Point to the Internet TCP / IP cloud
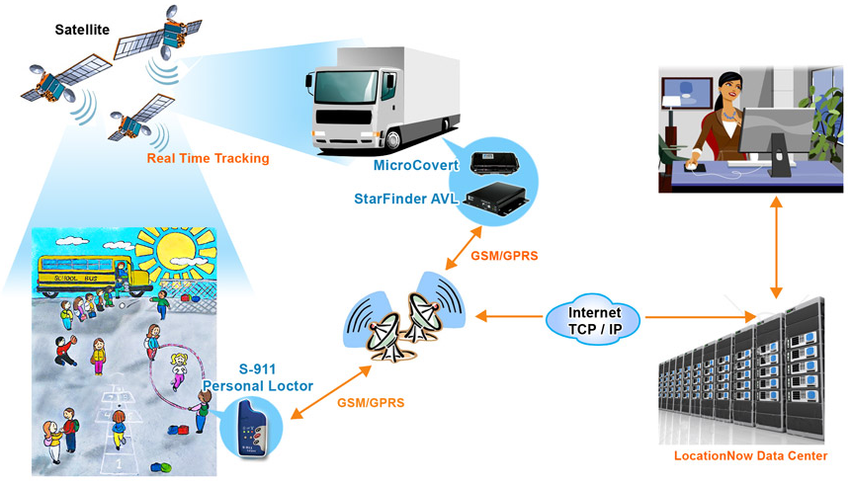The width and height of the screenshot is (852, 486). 593,318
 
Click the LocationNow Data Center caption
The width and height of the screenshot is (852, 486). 750,456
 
